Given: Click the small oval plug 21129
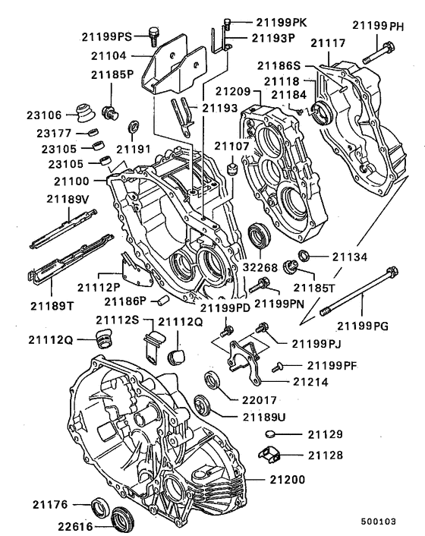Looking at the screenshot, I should (x=272, y=435).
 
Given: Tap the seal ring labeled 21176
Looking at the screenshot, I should (x=99, y=506).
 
